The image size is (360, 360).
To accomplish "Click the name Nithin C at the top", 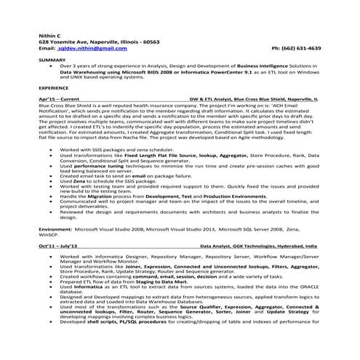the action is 51,35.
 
